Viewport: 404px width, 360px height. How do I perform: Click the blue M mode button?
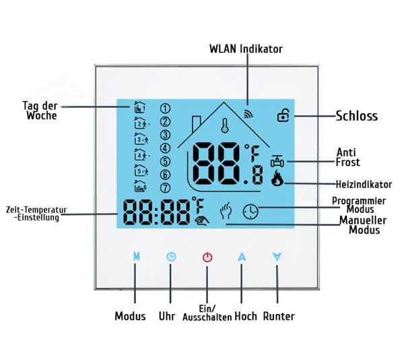coord(137,257)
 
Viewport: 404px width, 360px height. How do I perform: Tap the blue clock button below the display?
coord(171,257)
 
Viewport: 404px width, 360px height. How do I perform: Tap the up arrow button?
coord(241,257)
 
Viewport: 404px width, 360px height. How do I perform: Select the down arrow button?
coord(276,257)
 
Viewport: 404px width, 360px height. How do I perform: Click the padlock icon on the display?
coord(282,115)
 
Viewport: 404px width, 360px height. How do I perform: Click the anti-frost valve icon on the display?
coord(276,161)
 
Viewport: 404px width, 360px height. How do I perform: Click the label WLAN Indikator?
coord(246,49)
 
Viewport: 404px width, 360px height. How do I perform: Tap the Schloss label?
coord(356,116)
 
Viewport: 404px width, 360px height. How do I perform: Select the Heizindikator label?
coord(363,184)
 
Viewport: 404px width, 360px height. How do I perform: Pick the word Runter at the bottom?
coord(278,316)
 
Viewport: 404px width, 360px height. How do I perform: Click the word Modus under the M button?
coord(130,316)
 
